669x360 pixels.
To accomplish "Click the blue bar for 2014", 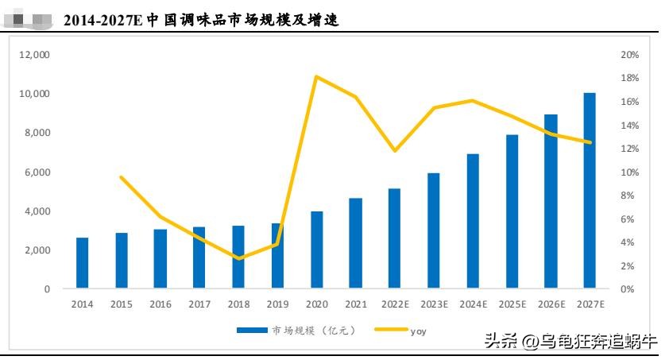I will click(82, 262).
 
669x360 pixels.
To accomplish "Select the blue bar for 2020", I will click(317, 249).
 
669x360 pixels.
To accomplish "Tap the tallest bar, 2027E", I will click(590, 190).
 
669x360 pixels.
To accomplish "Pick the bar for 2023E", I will click(433, 230).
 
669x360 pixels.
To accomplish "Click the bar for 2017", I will click(199, 257).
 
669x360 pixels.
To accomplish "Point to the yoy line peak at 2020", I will click(317, 76).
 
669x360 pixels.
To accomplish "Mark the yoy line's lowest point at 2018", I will click(238, 258).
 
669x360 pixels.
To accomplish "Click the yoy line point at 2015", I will click(121, 176).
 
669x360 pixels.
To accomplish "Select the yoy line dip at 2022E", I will click(394, 150).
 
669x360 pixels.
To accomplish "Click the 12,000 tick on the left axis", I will click(34, 55).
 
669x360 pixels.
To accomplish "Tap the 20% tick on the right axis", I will click(630, 55).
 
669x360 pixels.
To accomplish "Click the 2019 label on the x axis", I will click(277, 304).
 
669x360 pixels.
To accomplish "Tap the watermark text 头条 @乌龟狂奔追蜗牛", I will click(570, 343).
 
